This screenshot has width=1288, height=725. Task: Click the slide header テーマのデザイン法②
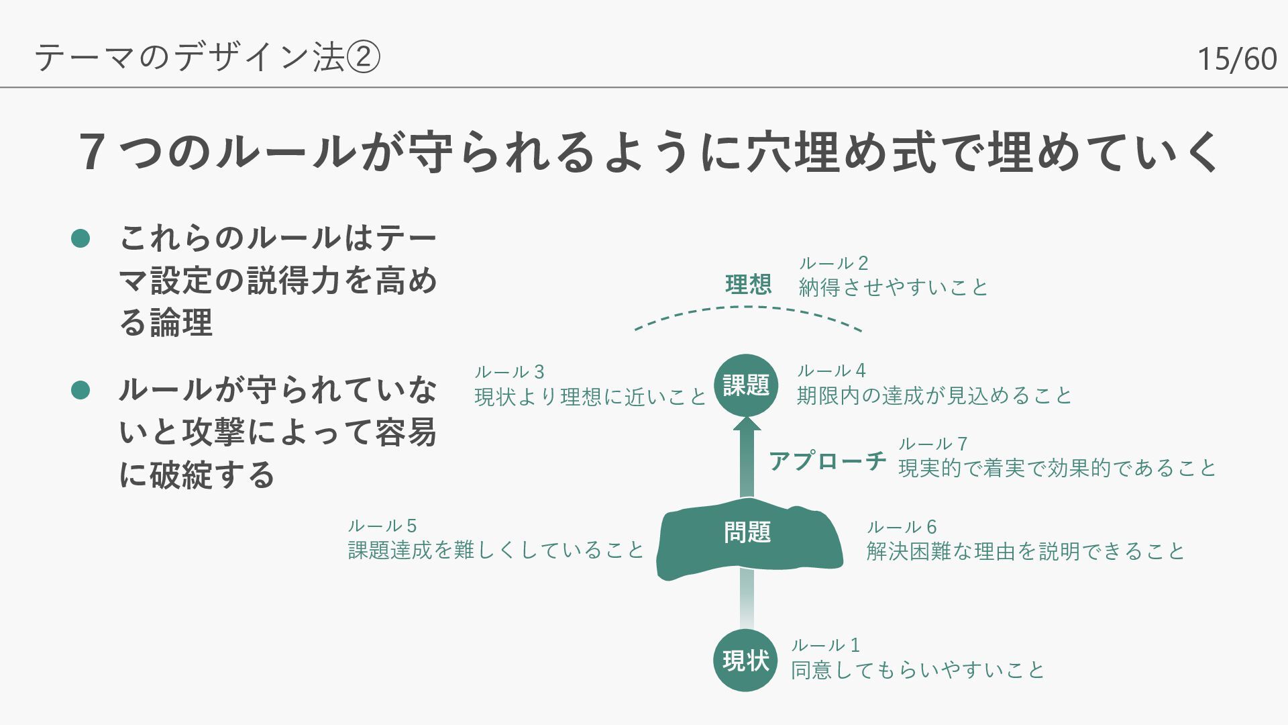click(207, 57)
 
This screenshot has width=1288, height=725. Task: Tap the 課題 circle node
click(746, 385)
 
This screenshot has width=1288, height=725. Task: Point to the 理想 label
click(748, 285)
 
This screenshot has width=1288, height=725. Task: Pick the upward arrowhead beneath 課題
click(747, 424)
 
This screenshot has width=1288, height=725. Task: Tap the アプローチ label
click(827, 462)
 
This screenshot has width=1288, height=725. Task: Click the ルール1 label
click(825, 646)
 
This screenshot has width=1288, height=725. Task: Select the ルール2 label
click(833, 263)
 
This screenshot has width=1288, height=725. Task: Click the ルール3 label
click(509, 372)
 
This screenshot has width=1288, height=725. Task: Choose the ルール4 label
click(831, 371)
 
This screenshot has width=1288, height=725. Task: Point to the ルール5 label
click(382, 526)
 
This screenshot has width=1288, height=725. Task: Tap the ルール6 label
click(901, 527)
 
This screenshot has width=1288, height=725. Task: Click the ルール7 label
click(932, 444)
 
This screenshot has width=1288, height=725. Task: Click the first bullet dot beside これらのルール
click(80, 238)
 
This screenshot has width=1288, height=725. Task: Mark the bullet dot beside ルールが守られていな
click(80, 390)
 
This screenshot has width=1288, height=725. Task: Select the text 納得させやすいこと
click(893, 287)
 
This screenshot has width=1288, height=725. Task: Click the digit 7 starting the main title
click(92, 151)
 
